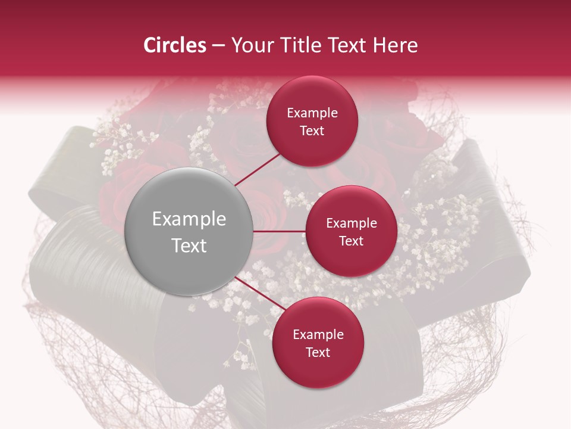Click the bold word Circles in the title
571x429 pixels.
tap(175, 45)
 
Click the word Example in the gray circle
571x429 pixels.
tap(189, 219)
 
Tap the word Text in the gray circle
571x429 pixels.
tap(189, 245)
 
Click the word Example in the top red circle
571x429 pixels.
tap(312, 113)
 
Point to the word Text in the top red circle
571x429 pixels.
tap(312, 131)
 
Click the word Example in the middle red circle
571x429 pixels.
tap(352, 223)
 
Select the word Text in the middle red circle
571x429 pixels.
tap(352, 241)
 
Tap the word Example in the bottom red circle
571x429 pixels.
tap(318, 335)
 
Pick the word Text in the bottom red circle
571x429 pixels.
tap(318, 353)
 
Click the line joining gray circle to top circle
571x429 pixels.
tap(258, 169)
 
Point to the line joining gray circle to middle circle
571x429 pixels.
tap(280, 231)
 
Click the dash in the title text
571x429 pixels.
tap(218, 46)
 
